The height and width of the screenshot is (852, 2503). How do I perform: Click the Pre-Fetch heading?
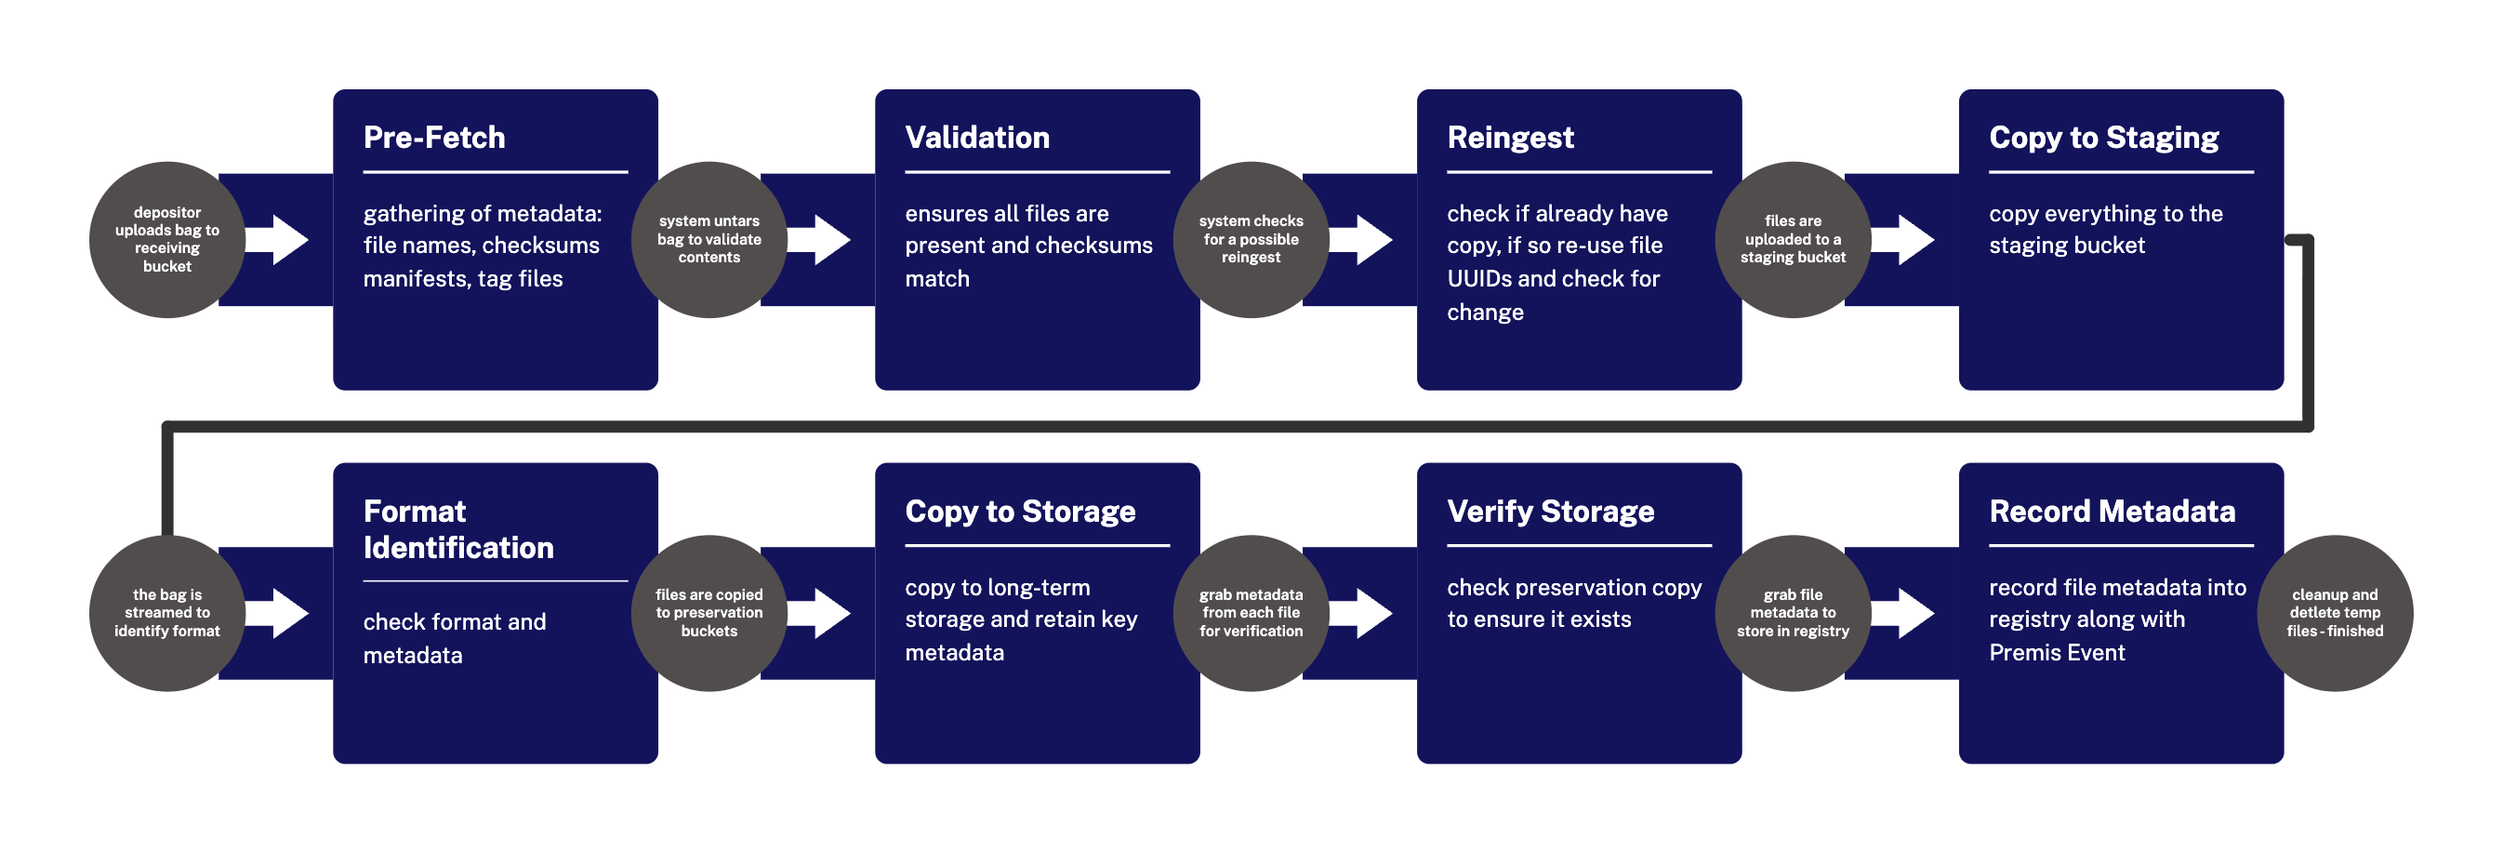433,138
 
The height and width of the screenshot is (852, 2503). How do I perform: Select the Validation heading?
976,138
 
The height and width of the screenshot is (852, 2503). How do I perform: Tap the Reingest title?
1510,139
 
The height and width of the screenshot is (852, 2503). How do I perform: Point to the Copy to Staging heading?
2103,139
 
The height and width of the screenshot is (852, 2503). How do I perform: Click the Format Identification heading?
458,529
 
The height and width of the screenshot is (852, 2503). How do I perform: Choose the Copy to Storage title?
1020,512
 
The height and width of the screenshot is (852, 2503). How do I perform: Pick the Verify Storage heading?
1551,512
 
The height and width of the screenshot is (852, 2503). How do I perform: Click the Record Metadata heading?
2112,512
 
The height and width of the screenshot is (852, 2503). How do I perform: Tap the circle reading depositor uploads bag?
167,240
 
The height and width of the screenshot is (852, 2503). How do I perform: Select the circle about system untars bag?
709,240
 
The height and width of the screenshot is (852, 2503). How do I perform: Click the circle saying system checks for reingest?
1251,240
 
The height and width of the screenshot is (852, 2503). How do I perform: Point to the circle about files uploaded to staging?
1794,240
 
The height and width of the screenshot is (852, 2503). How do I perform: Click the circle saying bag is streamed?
167,613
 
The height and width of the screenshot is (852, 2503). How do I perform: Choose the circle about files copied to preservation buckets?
709,613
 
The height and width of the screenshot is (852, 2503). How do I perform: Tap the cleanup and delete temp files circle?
2335,613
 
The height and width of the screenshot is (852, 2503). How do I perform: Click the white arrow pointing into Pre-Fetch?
278,240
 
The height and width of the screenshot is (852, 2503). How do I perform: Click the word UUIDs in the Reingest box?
1479,280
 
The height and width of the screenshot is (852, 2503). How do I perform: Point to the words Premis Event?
2057,653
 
